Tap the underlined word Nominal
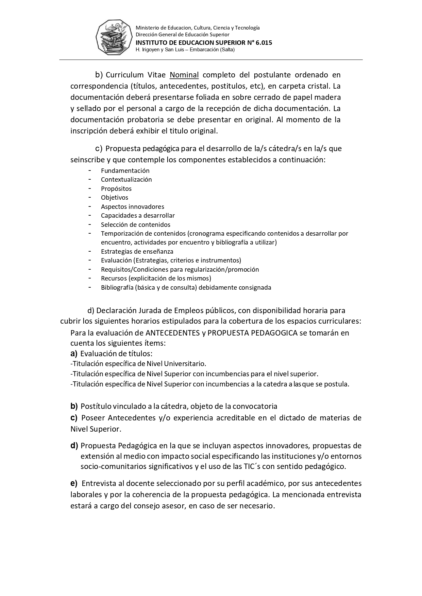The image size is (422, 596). tap(184, 75)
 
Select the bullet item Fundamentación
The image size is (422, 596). tap(125, 171)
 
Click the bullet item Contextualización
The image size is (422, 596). tap(126, 180)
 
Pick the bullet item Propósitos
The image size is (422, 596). tap(116, 189)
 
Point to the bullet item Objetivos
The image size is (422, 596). tap(114, 198)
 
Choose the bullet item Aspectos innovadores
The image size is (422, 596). tap(132, 207)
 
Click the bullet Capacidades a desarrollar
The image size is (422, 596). tap(138, 216)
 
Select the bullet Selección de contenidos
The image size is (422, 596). tap(135, 225)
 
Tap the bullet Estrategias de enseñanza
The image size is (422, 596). tap(137, 252)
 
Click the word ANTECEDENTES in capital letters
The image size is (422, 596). tap(172, 333)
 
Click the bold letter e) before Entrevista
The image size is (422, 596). tap(74, 483)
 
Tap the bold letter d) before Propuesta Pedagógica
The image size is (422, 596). tap(74, 446)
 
